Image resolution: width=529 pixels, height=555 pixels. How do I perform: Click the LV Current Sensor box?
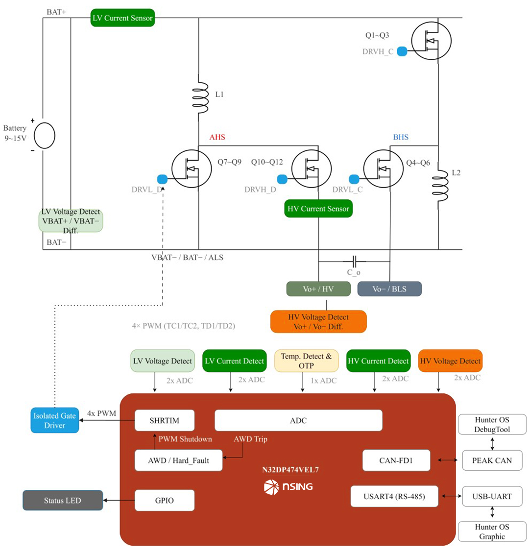coord(122,18)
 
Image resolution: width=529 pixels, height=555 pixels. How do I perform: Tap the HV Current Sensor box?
coord(318,209)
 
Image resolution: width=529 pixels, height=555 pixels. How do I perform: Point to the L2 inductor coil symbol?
coord(440,185)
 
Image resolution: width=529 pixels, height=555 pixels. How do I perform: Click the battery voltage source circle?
coord(45,136)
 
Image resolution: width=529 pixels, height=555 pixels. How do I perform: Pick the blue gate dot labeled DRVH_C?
coord(402,51)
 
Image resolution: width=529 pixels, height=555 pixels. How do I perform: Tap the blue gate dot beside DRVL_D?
coord(163,179)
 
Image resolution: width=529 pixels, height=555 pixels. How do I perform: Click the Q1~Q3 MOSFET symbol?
coord(432,41)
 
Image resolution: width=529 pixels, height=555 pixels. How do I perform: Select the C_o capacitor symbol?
coord(354,262)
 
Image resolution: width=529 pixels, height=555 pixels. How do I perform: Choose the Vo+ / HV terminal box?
coord(318,289)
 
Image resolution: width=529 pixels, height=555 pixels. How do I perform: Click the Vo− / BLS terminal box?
coord(389,289)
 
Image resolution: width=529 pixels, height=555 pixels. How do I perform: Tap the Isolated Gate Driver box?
coord(55,420)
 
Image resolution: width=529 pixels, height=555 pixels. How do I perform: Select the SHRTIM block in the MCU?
coord(165,420)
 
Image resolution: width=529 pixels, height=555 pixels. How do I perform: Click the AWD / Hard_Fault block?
coord(179,460)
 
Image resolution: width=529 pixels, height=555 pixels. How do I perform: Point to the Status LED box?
coord(63,501)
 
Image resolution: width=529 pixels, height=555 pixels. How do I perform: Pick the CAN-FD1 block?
coord(396,460)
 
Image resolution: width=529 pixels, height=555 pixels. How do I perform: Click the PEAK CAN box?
coord(492,460)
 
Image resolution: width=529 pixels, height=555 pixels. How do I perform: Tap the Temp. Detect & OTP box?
coord(307,361)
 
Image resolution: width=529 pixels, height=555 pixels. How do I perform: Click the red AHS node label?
coord(217,137)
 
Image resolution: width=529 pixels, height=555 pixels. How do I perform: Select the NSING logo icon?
coord(271,487)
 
